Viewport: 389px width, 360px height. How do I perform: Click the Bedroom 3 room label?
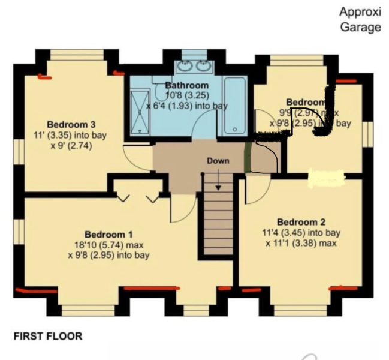coord(71,125)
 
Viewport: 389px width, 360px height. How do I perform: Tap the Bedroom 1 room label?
coord(108,234)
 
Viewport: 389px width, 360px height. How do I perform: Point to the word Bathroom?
coord(188,85)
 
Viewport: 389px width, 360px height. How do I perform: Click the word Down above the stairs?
coord(218,161)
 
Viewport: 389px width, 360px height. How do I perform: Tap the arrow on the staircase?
coord(218,181)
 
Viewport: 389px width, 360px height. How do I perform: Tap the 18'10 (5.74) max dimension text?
coord(108,245)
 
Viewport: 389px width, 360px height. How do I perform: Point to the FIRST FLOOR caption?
coord(47,337)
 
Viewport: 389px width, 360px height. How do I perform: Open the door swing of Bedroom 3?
coord(134,157)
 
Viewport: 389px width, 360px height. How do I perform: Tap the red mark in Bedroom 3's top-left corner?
coord(43,76)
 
